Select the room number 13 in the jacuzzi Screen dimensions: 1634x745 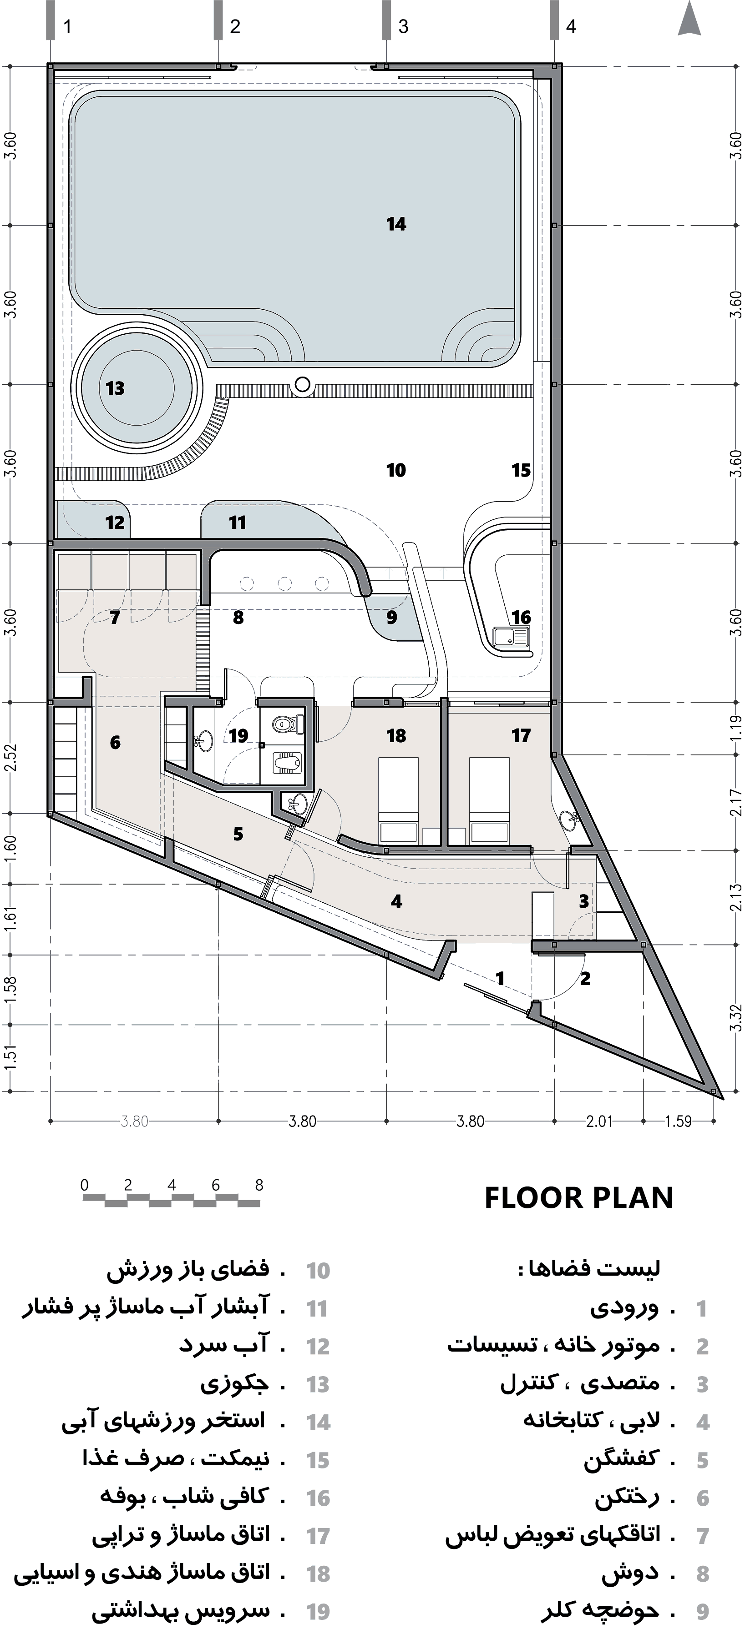115,388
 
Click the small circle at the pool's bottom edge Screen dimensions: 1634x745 303,384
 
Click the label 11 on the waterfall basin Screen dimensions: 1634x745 237,523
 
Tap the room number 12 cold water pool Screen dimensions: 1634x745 115,523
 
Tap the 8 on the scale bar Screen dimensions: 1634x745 259,1185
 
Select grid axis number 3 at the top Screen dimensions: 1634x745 404,27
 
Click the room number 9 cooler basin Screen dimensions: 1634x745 391,617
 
